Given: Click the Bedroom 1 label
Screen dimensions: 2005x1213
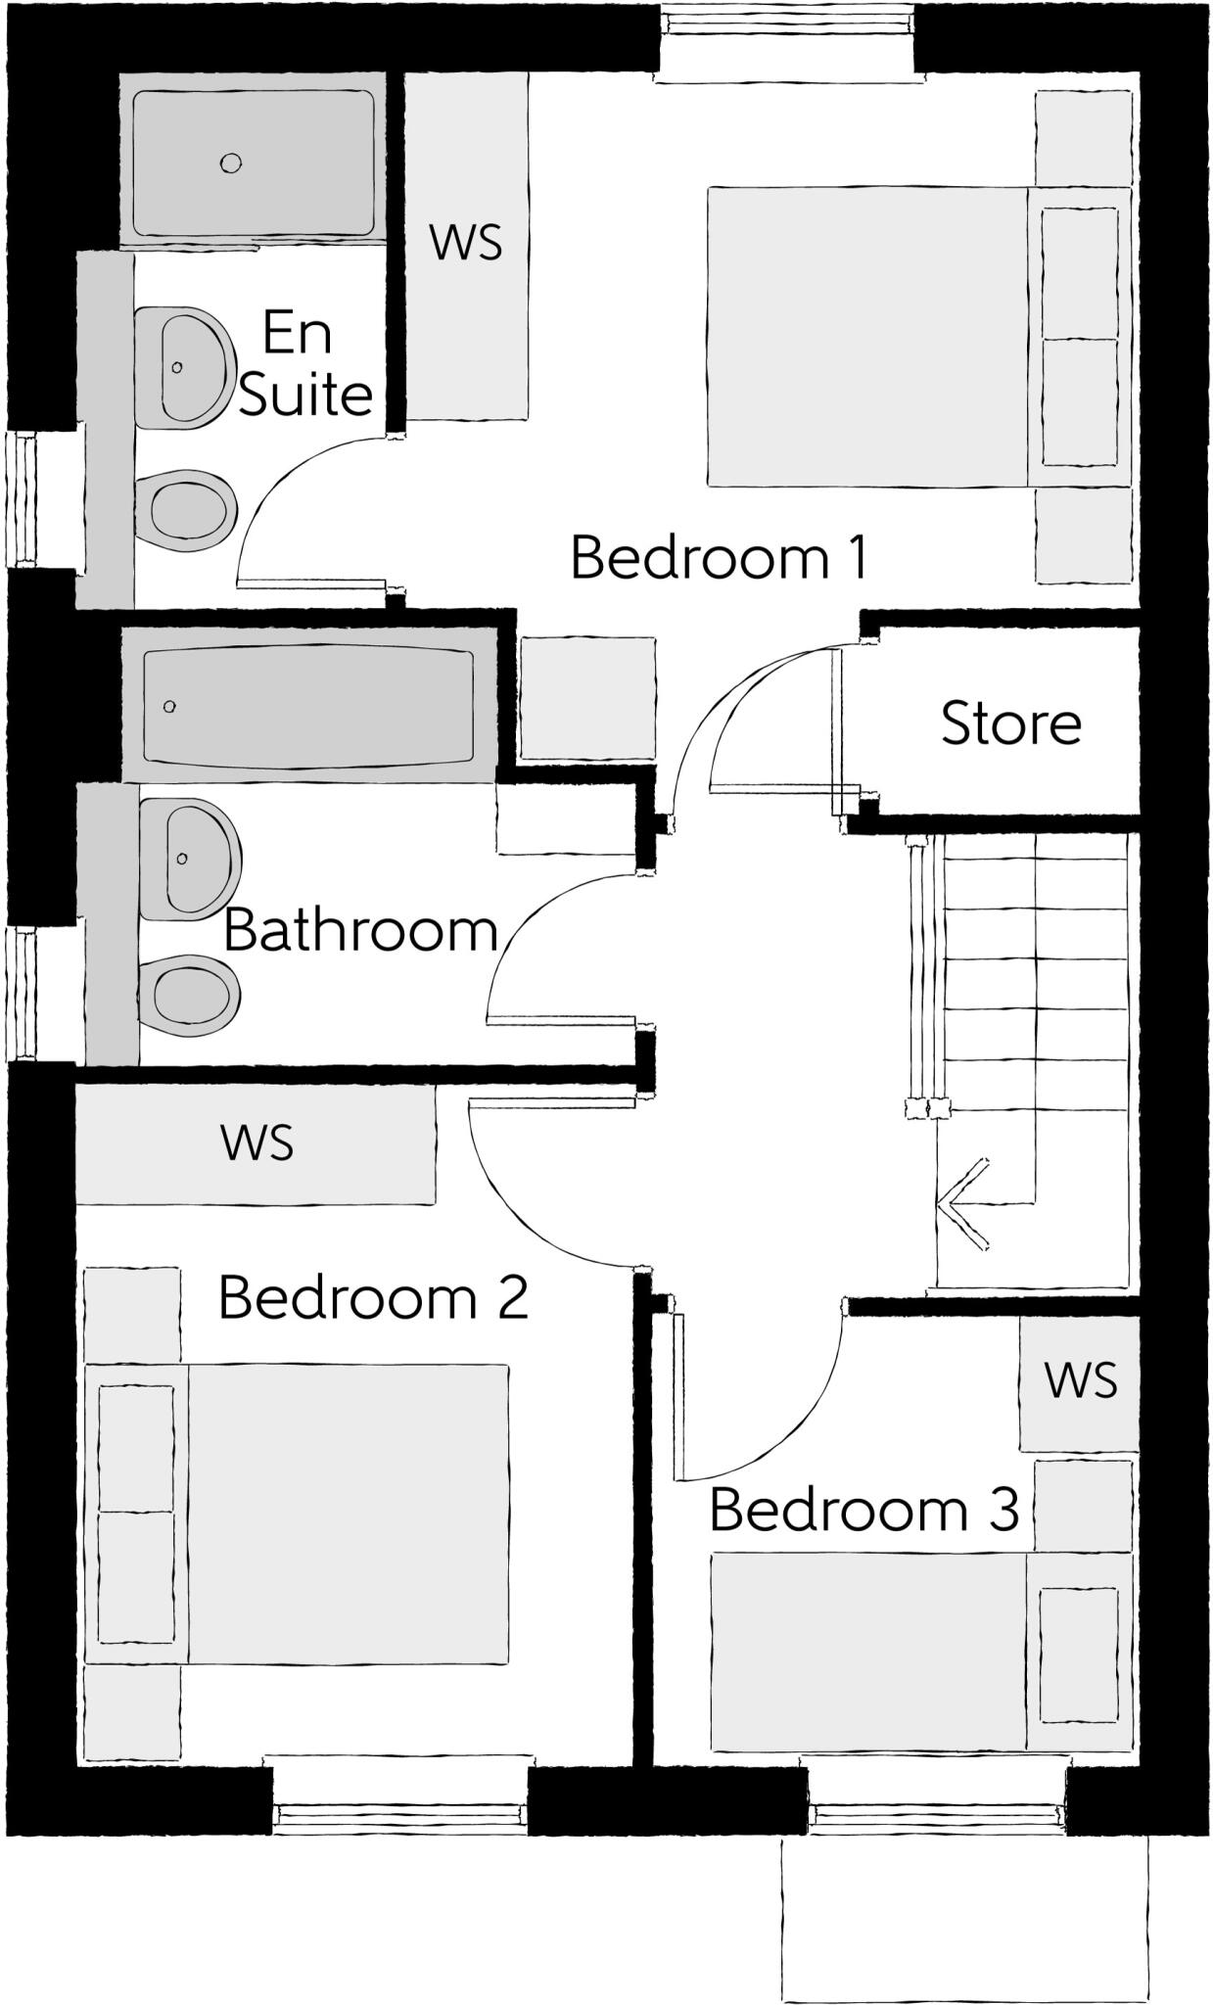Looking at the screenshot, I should pos(719,558).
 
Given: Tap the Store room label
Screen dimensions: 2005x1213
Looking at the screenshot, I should pos(1010,723).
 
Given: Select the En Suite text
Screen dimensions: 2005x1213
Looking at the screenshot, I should pos(303,364).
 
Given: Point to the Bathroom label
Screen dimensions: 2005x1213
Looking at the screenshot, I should pos(361,930).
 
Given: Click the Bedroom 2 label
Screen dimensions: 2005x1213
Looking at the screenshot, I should pos(373,1298).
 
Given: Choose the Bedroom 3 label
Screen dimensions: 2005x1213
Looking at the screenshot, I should pos(863,1510).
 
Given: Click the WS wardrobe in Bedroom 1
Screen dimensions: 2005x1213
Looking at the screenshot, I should pos(466,245).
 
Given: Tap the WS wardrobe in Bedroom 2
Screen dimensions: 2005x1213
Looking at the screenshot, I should pos(257,1142).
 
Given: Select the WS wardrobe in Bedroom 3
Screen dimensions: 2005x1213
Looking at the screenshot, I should pos(1079,1380).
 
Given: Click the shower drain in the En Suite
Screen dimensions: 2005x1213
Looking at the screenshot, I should pos(231,163).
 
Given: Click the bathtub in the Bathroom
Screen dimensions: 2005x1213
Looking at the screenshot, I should pos(308,705).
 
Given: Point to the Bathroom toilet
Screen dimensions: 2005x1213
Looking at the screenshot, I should pos(188,995).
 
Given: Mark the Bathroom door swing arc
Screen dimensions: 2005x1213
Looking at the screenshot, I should pos(519,930).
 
